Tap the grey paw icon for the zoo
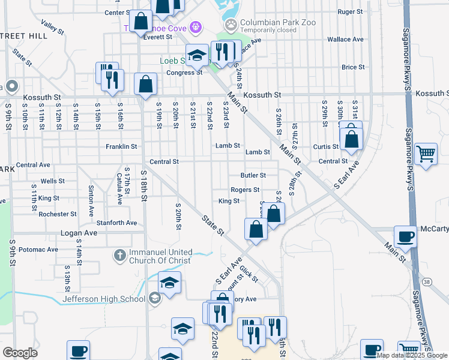231,26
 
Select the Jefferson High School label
112,299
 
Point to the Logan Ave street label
79,232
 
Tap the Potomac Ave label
38,249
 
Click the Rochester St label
58,214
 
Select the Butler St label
253,175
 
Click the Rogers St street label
245,190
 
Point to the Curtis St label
325,146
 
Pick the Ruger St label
350,11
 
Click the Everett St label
158,37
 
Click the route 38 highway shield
426,281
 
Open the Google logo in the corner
20,353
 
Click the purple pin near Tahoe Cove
195,27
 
